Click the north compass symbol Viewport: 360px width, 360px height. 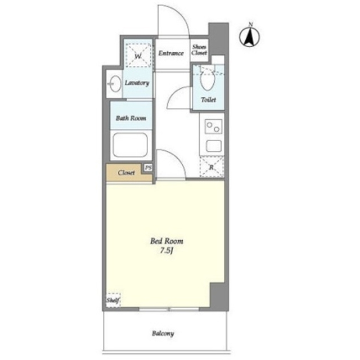click(250, 36)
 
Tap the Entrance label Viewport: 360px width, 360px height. click(171, 53)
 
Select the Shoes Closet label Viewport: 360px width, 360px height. click(199, 50)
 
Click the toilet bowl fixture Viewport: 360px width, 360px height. click(208, 79)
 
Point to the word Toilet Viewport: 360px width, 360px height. click(209, 100)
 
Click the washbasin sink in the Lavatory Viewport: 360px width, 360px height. click(115, 84)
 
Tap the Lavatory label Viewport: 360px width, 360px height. click(137, 83)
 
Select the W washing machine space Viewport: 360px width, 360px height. click(138, 55)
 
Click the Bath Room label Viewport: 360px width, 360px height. click(131, 118)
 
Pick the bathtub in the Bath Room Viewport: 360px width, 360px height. click(130, 145)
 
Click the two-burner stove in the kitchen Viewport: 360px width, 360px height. click(213, 127)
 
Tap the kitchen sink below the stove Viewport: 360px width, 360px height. click(214, 146)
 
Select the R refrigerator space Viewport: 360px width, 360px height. click(211, 166)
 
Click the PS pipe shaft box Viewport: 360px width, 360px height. click(148, 168)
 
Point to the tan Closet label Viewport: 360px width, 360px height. click(126, 173)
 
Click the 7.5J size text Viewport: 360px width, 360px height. click(166, 251)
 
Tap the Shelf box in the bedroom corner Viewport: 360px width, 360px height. click(113, 300)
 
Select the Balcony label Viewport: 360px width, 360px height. click(163, 334)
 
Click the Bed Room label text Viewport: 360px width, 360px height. click(166, 241)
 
